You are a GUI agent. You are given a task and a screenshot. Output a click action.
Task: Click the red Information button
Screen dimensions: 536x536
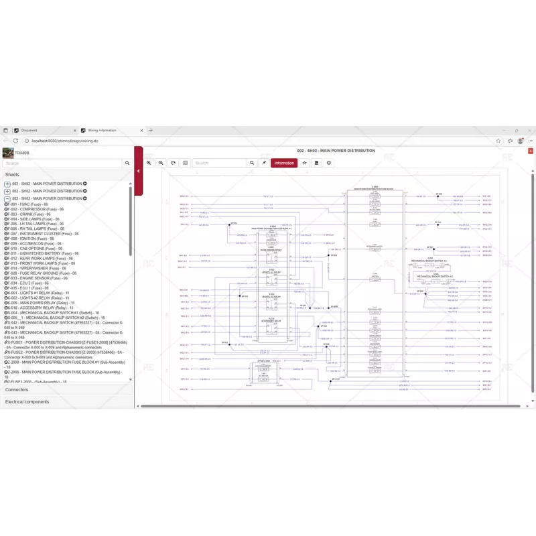(284, 163)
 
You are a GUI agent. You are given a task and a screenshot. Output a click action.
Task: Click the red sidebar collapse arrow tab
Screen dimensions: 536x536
(139, 171)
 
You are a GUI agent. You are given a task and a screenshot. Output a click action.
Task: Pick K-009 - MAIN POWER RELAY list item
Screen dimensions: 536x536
(40, 303)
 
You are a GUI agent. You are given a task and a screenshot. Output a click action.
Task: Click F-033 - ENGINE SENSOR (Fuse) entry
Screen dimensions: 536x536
(40, 278)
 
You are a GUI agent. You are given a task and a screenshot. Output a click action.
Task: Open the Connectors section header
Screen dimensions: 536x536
(17, 389)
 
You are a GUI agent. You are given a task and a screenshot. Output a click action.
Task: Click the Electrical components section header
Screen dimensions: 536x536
(27, 402)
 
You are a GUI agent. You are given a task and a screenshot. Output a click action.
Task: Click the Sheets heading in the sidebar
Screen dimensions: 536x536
(12, 174)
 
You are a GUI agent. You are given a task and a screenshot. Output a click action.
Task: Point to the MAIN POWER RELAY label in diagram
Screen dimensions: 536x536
(271, 249)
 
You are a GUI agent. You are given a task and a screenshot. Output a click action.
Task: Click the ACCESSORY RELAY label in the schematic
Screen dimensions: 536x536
(271, 320)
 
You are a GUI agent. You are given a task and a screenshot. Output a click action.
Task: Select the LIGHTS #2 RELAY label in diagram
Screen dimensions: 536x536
(271, 296)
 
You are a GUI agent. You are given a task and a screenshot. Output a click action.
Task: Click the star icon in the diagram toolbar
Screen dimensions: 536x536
(304, 163)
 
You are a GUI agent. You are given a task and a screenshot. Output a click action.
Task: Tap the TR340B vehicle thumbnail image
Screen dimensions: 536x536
(8, 153)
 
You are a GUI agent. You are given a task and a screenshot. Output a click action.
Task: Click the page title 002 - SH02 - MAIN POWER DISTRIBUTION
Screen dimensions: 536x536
(336, 151)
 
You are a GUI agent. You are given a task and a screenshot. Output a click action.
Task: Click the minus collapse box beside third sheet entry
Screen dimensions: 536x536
(7, 198)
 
